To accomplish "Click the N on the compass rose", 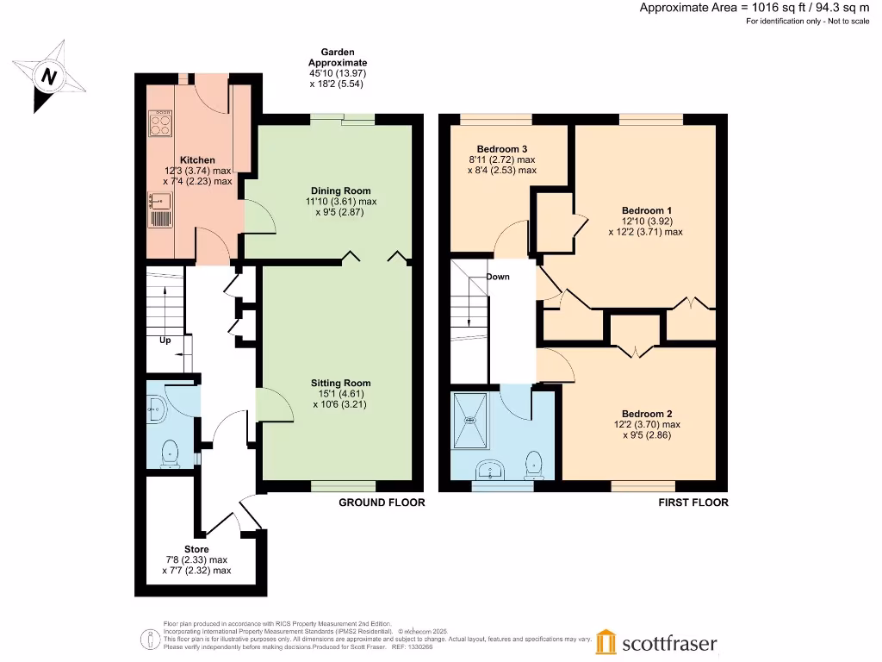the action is coord(49,76).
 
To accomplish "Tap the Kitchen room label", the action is coord(197,159).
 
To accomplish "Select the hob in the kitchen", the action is coord(159,124).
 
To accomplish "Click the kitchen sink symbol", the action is coord(159,201).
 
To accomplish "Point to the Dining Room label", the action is coord(341,190).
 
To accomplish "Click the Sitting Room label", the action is coord(341,383).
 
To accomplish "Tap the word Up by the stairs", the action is coord(165,340).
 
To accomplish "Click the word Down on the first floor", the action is coord(498,277).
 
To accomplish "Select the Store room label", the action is coord(196,549).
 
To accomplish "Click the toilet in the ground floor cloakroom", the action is coord(170,453).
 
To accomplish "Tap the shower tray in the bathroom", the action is coord(470,421).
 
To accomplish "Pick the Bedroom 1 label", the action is coord(646,210).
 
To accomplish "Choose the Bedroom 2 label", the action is coord(647,414).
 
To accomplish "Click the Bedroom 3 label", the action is coord(502,149).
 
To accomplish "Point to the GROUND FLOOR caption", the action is coord(382,503).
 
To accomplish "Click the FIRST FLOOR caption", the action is coord(693,503).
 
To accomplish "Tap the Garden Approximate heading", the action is coord(338,57).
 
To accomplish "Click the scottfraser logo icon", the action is coord(606,641).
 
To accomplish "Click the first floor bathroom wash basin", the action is coord(491,470).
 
